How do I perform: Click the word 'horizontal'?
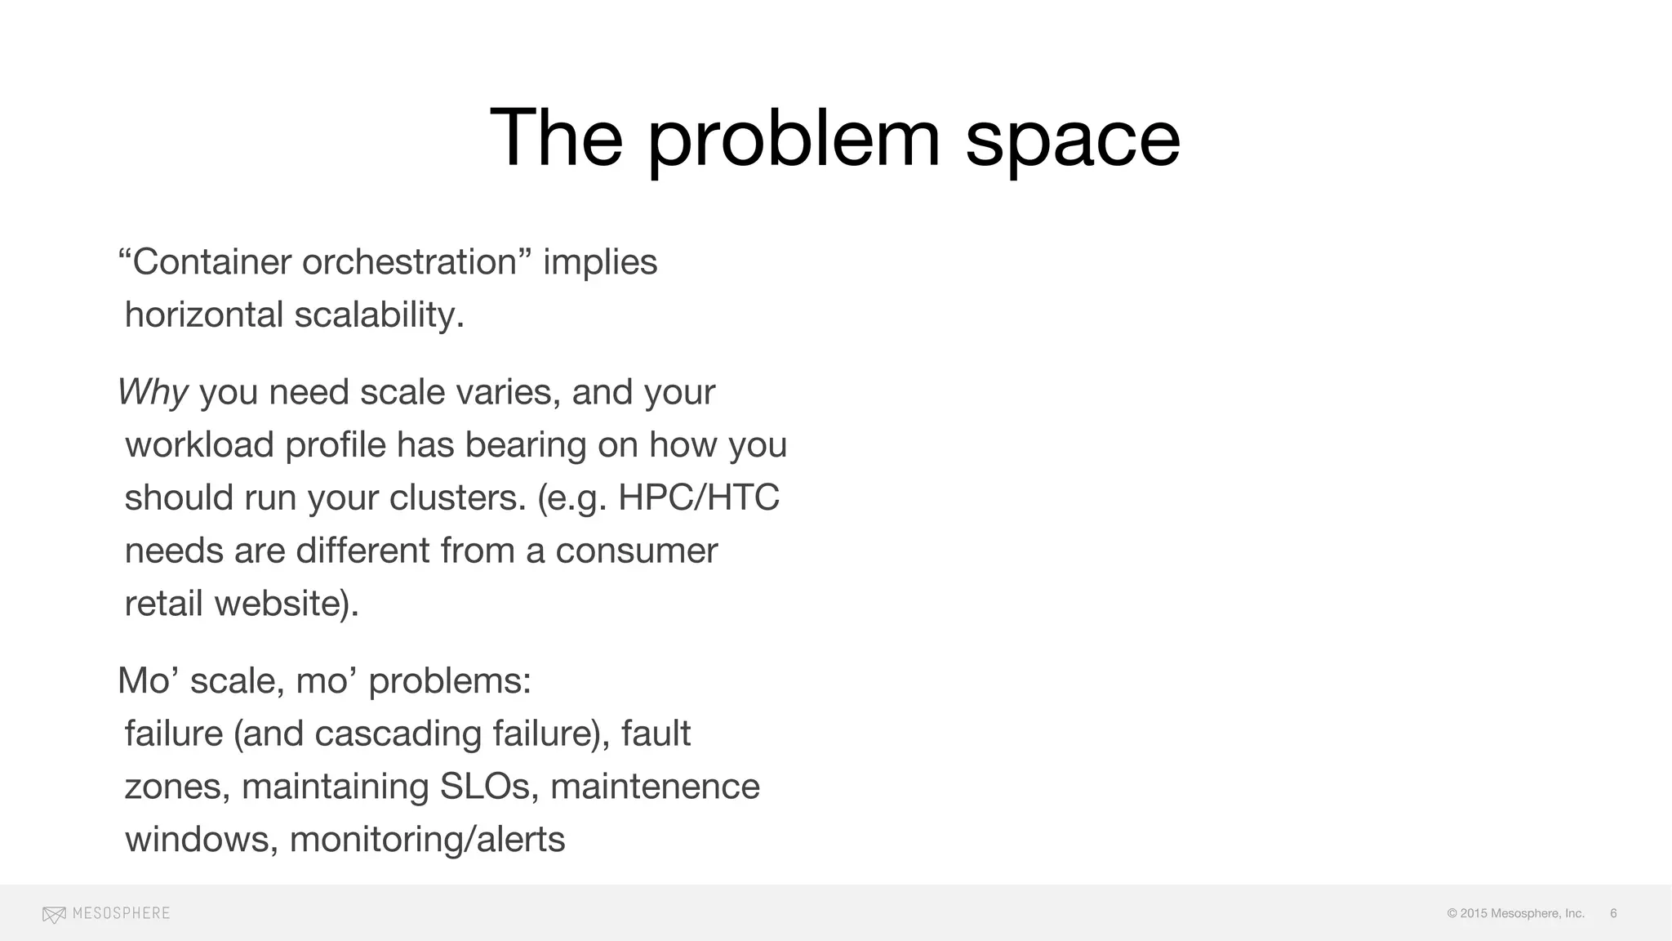tap(203, 315)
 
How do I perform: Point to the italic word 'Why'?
tap(153, 393)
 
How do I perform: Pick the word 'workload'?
tap(198, 445)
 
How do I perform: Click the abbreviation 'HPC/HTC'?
tap(698, 497)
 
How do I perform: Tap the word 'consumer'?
tap(636, 551)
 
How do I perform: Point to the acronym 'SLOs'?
tap(484, 787)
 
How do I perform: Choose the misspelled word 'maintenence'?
tap(655, 787)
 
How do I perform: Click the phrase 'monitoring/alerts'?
tap(427, 840)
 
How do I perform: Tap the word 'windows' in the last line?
tap(196, 840)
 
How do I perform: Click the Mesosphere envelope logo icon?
tap(54, 914)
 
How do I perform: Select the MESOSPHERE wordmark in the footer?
tap(121, 913)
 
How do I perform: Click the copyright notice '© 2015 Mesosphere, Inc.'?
tap(1515, 913)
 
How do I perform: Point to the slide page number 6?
tap(1613, 913)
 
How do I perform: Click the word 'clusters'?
tap(457, 497)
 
